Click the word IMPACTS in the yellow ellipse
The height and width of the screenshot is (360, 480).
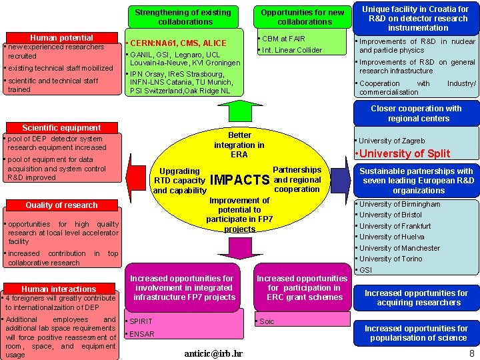click(x=239, y=180)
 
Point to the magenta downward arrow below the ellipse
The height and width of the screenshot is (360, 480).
click(x=240, y=248)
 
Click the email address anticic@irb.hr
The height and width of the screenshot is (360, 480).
click(x=213, y=353)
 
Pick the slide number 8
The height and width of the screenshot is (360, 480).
click(x=472, y=353)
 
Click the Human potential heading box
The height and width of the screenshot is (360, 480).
click(x=61, y=38)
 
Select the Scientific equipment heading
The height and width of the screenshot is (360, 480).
click(x=61, y=127)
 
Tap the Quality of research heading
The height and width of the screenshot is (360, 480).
click(x=61, y=205)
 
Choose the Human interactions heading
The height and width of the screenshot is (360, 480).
click(x=59, y=289)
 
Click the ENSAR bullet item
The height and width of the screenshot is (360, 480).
click(x=142, y=334)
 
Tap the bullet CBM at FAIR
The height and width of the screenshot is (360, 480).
click(x=283, y=39)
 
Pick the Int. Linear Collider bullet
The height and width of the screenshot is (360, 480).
click(x=292, y=50)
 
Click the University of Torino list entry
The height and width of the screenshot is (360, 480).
click(x=391, y=259)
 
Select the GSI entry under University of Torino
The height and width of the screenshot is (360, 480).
click(x=366, y=270)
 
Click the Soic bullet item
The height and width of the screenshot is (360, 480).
click(x=266, y=321)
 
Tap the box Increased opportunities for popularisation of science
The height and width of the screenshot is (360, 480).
click(x=416, y=333)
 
